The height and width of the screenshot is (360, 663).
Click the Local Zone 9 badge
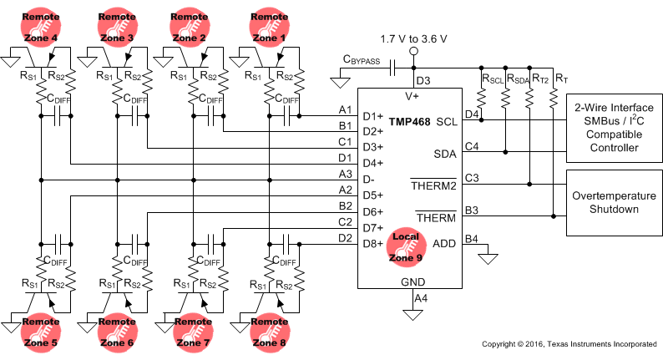click(411, 244)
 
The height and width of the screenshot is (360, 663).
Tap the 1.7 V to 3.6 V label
click(412, 39)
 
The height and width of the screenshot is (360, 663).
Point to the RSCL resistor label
click(492, 80)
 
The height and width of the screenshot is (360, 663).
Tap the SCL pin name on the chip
click(447, 121)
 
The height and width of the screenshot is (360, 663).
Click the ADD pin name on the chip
click(445, 243)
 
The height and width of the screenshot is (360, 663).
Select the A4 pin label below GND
click(421, 297)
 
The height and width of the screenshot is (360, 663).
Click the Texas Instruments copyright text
click(569, 344)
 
